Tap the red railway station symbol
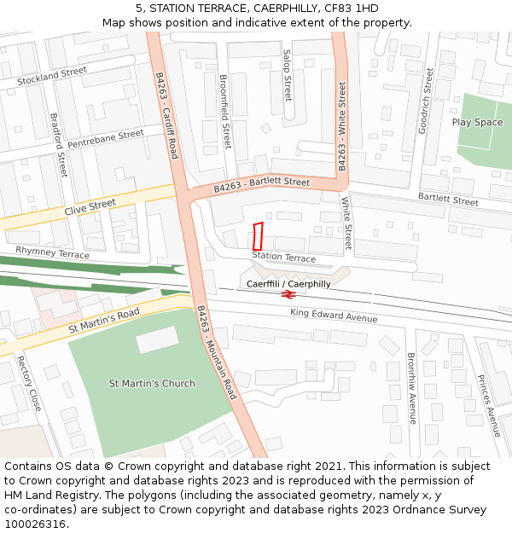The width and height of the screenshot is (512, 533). [288, 295]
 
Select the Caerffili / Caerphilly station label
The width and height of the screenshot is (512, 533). [288, 284]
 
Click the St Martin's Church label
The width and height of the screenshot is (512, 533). [152, 383]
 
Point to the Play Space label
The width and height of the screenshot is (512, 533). [477, 122]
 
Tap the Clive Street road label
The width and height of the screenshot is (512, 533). [90, 206]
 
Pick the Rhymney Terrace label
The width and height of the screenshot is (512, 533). [52, 253]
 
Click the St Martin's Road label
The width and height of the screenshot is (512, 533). [103, 322]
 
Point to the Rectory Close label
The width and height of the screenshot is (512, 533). [29, 383]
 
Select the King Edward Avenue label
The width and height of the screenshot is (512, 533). [333, 317]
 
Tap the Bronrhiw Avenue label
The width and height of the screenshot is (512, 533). [410, 388]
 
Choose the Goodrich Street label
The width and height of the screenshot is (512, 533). [426, 101]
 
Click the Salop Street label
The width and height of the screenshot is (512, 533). [287, 75]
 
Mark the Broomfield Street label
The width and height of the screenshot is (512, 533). [225, 111]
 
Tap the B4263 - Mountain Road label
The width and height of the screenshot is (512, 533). [216, 352]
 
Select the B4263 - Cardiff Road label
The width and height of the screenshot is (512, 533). [166, 114]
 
